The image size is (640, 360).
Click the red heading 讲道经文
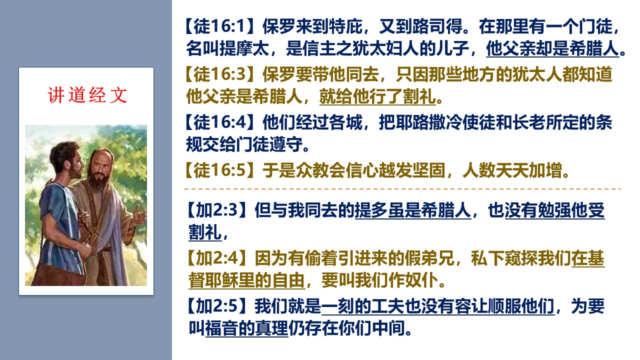(x=87, y=95)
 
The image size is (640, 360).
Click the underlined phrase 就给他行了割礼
(x=377, y=96)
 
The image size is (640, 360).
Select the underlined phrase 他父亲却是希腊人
(x=552, y=48)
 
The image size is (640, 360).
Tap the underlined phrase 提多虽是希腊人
(x=413, y=210)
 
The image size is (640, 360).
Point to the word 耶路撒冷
(x=429, y=122)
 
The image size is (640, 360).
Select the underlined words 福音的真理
(x=247, y=328)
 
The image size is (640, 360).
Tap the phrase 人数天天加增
(x=513, y=170)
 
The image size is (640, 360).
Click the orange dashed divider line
(x=403, y=189)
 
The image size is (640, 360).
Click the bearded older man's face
(x=100, y=168)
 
